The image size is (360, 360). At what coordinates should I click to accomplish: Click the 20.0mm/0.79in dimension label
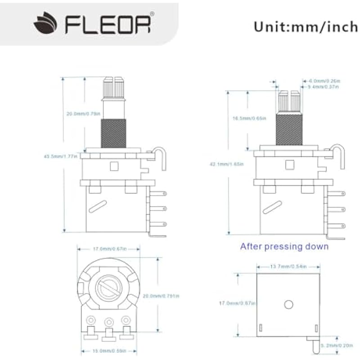(83, 114)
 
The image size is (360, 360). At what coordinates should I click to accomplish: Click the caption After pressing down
(284, 247)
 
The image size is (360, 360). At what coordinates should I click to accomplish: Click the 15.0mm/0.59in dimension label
(108, 351)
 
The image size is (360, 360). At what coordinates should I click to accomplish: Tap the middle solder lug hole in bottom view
(108, 322)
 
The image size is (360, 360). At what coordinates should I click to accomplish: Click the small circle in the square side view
(288, 305)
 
